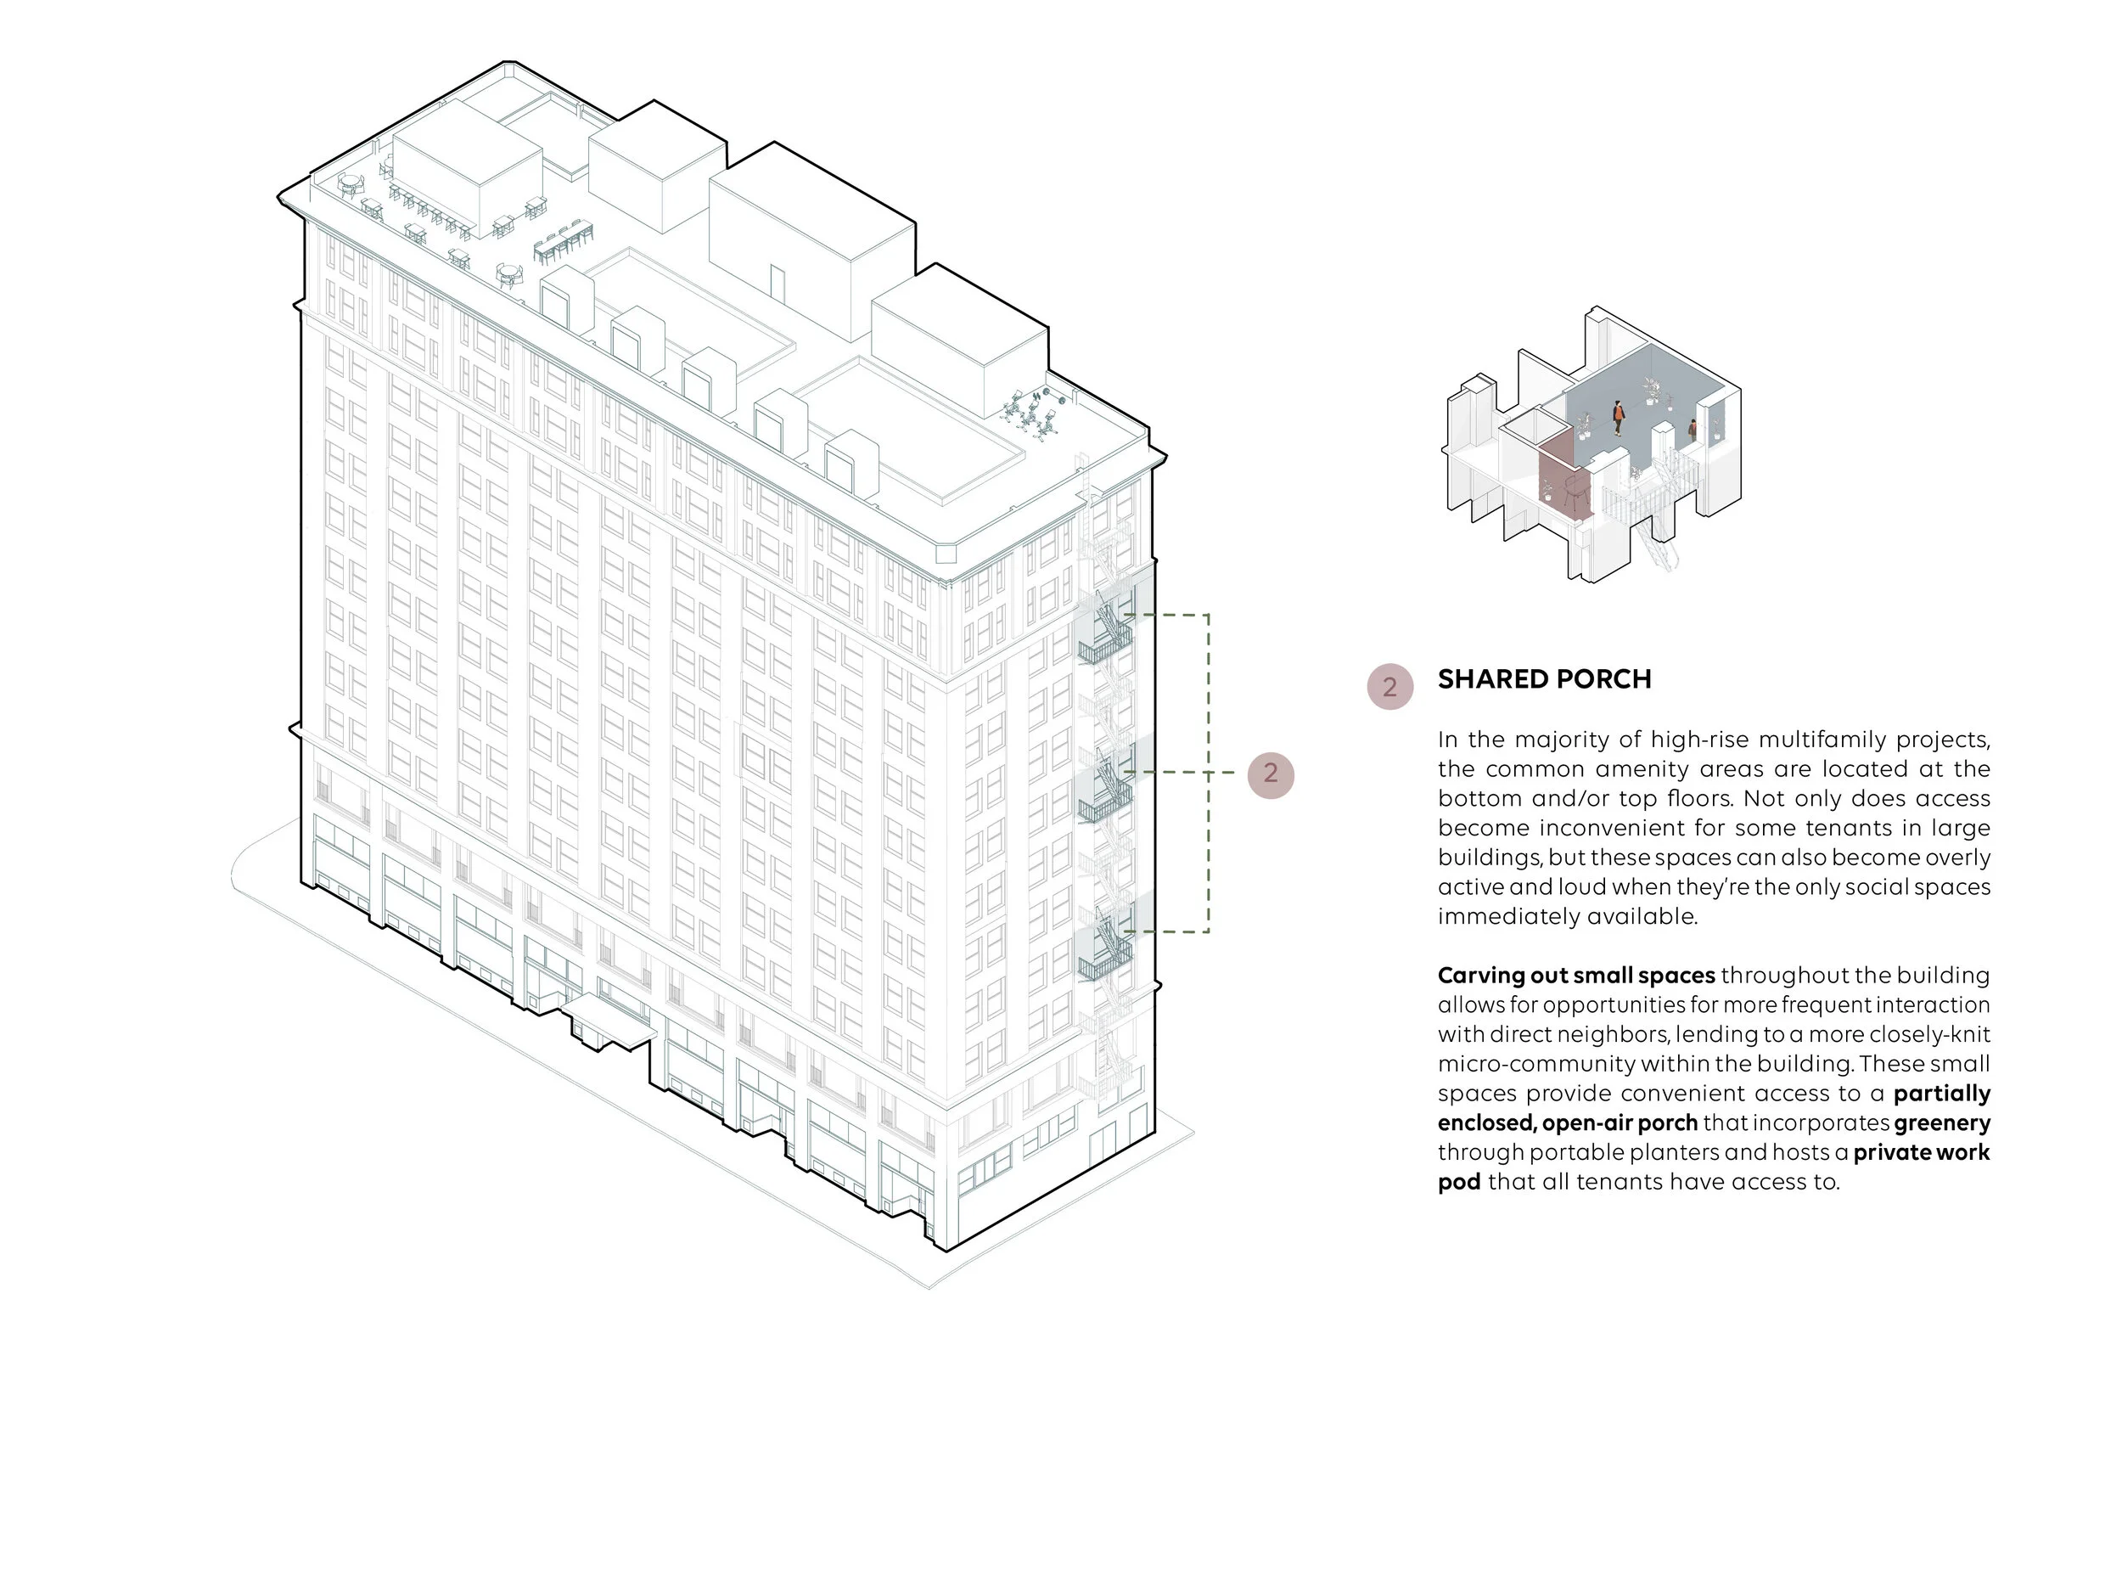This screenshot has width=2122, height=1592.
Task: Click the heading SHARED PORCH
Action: tap(1543, 679)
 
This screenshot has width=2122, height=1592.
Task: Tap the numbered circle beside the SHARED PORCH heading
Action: tap(1389, 687)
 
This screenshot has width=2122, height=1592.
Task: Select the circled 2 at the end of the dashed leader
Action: tap(1270, 773)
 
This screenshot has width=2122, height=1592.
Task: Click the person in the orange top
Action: tap(1619, 419)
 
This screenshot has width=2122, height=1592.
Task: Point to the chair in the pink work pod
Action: tap(1571, 492)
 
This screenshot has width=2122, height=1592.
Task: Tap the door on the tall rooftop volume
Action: tap(776, 283)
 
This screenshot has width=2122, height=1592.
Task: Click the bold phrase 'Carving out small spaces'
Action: tap(1575, 976)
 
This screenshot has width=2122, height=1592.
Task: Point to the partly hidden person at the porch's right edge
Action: tap(1693, 430)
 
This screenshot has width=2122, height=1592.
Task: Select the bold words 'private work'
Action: tap(1921, 1152)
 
